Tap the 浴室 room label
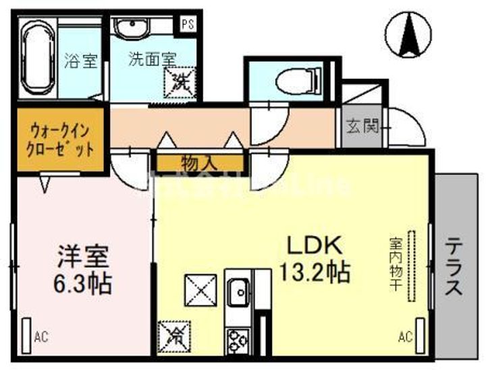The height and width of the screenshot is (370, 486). tap(82, 61)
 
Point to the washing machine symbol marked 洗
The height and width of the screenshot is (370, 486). tap(180, 84)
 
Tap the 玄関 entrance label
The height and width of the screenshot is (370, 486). tap(362, 126)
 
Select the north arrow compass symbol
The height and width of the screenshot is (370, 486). tap(409, 34)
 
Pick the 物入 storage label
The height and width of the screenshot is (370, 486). tap(199, 162)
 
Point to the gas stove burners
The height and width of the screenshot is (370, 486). tap(238, 339)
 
